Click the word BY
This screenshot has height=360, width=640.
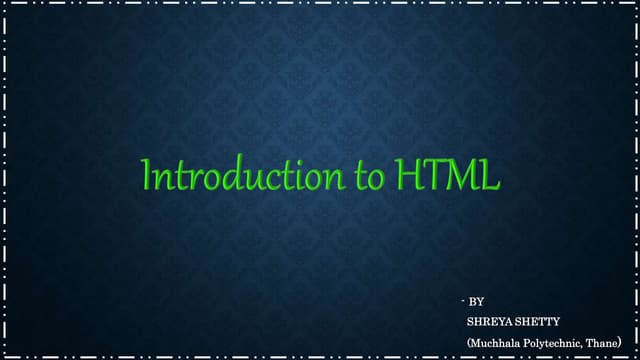click(477, 301)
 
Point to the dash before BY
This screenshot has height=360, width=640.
click(464, 300)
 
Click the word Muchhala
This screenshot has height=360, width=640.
click(493, 342)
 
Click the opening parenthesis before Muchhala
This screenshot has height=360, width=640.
click(468, 342)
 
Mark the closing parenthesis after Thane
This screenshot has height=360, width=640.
click(621, 342)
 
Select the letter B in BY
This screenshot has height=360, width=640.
click(473, 301)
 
